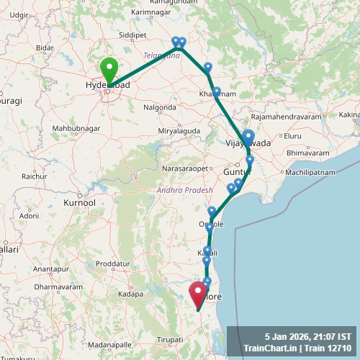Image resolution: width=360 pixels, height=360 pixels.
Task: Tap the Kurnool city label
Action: (79, 203)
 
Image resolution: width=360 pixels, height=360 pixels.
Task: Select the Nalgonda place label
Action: (160, 107)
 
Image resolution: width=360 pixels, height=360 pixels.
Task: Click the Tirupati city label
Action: (171, 338)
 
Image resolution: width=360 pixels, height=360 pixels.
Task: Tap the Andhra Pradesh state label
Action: (185, 190)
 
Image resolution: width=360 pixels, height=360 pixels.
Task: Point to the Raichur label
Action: (35, 176)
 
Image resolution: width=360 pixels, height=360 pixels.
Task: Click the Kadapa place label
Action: (130, 294)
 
